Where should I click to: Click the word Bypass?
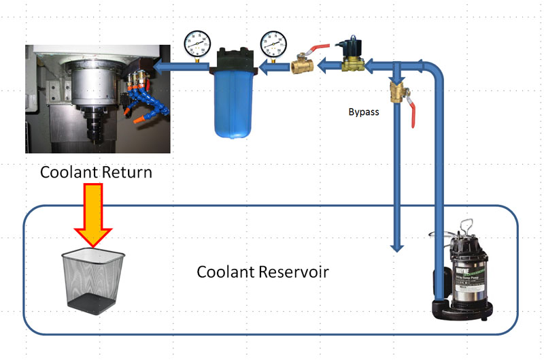pyautogui.click(x=363, y=112)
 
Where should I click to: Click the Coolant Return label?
pyautogui.click(x=96, y=172)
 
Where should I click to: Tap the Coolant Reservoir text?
pyautogui.click(x=262, y=272)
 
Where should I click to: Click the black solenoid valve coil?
pyautogui.click(x=352, y=47)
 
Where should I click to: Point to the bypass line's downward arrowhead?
pyautogui.click(x=396, y=245)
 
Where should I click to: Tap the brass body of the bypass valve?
pyautogui.click(x=396, y=92)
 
